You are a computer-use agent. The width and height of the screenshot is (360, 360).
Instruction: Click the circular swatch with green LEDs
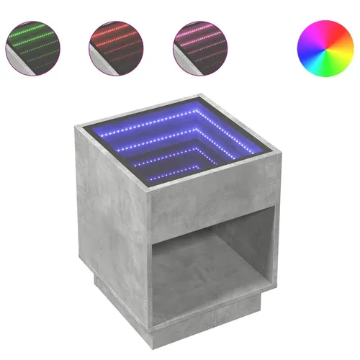tap(33, 41)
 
